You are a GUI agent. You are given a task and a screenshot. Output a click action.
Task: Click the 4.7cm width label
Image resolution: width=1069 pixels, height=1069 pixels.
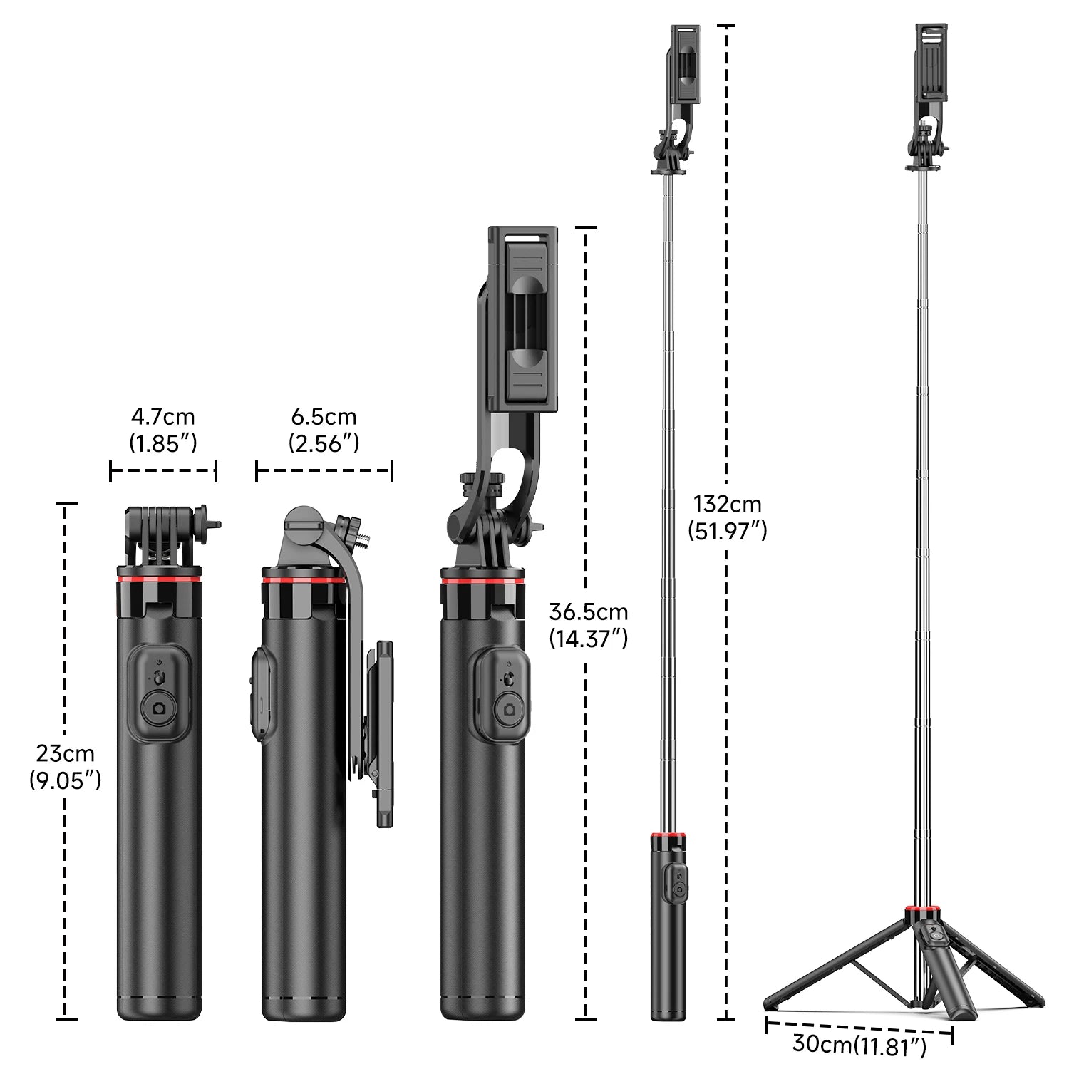click(162, 417)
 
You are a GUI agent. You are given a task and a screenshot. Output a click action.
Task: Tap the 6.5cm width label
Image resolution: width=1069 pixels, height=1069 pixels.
click(324, 417)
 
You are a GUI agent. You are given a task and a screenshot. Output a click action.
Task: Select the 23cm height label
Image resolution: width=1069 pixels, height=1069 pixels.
click(65, 753)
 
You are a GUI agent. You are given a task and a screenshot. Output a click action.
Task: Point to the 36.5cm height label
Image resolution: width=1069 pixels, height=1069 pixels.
click(588, 612)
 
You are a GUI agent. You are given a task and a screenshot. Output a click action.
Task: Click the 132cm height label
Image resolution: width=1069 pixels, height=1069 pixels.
click(727, 505)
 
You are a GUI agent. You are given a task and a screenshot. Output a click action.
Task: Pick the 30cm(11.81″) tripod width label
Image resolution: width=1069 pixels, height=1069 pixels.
click(859, 1045)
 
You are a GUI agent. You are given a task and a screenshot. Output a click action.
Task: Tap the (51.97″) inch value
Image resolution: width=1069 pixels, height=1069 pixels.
click(727, 531)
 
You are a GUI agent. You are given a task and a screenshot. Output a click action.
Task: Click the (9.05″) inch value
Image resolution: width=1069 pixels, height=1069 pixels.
click(65, 781)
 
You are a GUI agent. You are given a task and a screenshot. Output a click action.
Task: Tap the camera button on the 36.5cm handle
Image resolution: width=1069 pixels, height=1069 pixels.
click(509, 709)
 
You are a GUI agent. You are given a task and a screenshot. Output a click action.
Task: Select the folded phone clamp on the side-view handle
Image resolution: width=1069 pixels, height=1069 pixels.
click(383, 734)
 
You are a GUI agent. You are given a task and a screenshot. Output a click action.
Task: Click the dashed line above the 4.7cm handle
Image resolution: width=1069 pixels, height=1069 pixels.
click(162, 470)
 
